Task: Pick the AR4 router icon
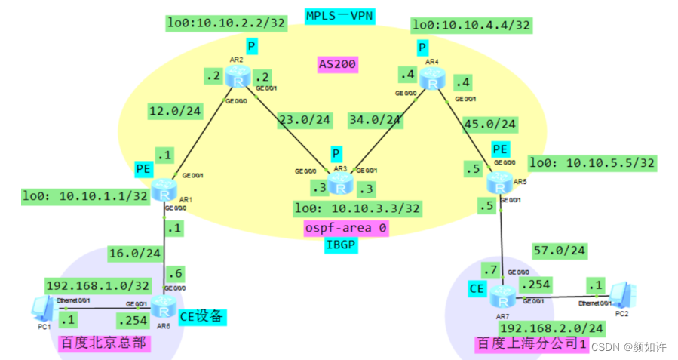tap(431, 78)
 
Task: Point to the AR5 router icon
tap(499, 182)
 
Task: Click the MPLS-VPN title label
tap(339, 16)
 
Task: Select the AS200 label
tap(337, 65)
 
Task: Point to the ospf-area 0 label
tap(346, 227)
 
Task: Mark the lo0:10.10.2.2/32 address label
tap(226, 23)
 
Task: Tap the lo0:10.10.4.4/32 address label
tap(471, 25)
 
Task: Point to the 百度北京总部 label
tap(103, 345)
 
